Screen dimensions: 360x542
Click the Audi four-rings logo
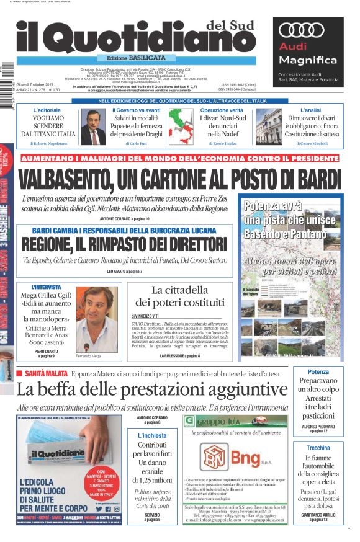[302, 30]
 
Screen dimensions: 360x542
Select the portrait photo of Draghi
[93, 127]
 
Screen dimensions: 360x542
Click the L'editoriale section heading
[47, 110]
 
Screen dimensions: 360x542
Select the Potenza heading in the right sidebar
[318, 372]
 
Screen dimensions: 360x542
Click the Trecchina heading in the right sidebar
[318, 448]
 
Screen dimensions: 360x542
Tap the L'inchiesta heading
[152, 436]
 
